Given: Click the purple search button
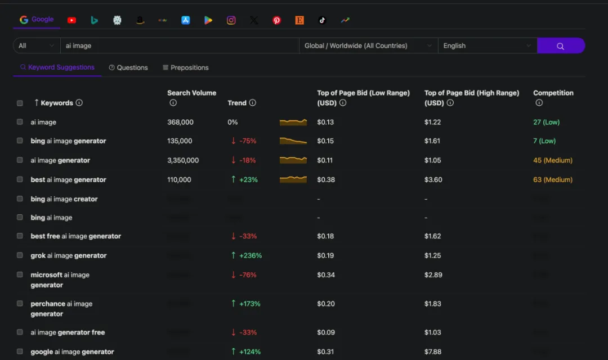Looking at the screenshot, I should click(x=561, y=46).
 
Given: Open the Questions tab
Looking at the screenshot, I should click(x=128, y=67).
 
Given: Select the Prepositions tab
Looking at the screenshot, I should click(x=186, y=67).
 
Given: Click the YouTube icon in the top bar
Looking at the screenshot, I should click(x=71, y=20).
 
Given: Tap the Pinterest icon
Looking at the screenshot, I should click(x=276, y=20).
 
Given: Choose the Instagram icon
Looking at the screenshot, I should click(x=231, y=20).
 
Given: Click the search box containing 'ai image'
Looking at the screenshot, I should click(x=180, y=46).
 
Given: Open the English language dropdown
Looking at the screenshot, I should click(x=487, y=46).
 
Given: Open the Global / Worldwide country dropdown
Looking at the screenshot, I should click(x=368, y=46).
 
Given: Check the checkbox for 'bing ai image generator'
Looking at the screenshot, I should click(x=20, y=141).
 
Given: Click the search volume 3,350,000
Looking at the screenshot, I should click(x=183, y=160).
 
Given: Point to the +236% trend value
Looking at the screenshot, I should click(x=251, y=255).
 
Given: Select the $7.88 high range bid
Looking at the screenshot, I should click(x=433, y=352).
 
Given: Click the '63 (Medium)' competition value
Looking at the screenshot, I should click(x=553, y=180).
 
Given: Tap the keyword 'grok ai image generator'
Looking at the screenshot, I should click(x=69, y=255).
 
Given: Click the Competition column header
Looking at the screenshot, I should click(x=553, y=93).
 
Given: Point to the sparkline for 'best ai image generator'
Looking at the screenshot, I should click(x=293, y=179).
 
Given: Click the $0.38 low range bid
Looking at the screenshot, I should click(x=325, y=180).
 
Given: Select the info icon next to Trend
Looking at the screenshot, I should click(x=253, y=103).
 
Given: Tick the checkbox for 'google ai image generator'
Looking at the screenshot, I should click(x=20, y=352).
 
